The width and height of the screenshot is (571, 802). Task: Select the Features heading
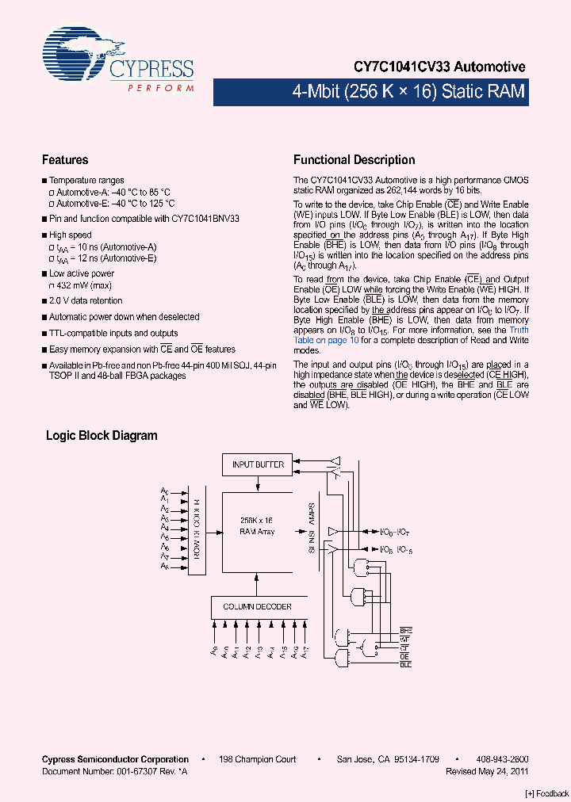click(x=65, y=160)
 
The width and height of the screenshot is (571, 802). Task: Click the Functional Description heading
click(x=354, y=160)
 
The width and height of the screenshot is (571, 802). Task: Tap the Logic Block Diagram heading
click(x=102, y=436)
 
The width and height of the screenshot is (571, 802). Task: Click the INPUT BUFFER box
click(x=258, y=464)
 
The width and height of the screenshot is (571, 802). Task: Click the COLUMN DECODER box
click(x=257, y=607)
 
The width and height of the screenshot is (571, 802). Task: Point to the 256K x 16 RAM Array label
click(x=257, y=526)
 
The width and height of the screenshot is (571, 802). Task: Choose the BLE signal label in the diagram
click(x=406, y=664)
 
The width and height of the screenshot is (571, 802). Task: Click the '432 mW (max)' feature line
click(x=80, y=285)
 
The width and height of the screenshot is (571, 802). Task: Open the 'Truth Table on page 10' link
click(x=326, y=340)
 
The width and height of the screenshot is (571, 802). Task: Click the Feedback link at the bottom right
click(x=547, y=793)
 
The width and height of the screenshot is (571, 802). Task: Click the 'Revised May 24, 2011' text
click(x=487, y=770)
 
